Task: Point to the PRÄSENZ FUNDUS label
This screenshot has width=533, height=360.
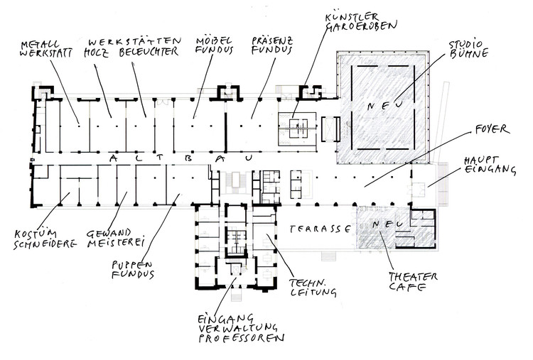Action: [x=272, y=46]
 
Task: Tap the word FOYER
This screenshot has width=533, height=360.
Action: [x=492, y=130]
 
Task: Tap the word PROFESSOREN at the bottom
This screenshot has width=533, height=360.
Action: [x=244, y=339]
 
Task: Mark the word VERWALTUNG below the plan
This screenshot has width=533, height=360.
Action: [x=238, y=328]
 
